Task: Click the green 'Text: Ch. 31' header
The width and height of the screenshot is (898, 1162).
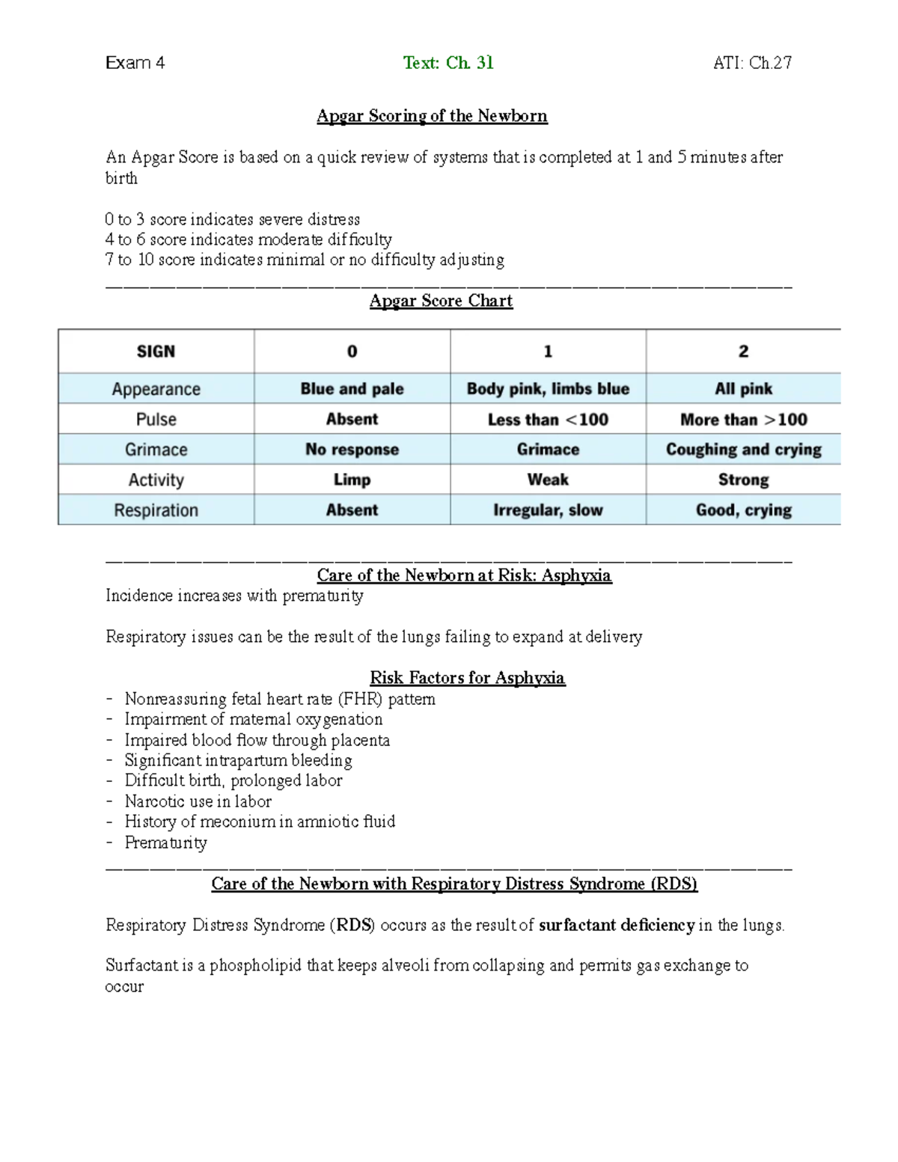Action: (448, 63)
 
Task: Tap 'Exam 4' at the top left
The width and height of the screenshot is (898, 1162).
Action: (135, 63)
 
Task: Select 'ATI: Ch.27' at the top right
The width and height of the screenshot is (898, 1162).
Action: (752, 63)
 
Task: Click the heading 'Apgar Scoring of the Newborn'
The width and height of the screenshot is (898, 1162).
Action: (432, 116)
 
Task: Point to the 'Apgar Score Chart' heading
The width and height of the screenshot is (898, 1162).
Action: (441, 301)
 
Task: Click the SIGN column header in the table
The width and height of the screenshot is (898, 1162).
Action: (156, 352)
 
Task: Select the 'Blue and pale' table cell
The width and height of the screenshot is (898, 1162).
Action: (352, 389)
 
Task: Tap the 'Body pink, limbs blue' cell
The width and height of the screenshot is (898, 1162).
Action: (548, 389)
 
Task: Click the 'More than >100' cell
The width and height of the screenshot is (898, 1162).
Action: (743, 420)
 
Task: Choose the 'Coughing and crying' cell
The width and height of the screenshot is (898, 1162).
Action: (743, 450)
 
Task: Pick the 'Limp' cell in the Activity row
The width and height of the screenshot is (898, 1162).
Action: (352, 480)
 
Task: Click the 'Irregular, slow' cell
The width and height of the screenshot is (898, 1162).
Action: (548, 510)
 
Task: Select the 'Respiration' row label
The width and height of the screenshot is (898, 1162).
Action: (156, 510)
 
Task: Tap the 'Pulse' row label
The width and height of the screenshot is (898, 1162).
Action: (156, 420)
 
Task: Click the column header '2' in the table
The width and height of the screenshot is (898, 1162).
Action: (743, 352)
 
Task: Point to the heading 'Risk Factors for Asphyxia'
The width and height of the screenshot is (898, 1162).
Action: (467, 678)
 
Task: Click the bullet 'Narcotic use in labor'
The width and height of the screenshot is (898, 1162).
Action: (198, 801)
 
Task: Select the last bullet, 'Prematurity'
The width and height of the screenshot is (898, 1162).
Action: (165, 843)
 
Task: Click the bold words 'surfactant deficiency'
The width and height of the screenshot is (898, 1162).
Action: (616, 926)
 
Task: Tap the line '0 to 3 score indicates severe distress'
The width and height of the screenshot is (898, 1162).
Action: (232, 219)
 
